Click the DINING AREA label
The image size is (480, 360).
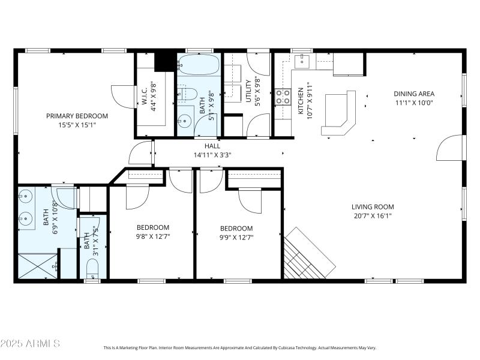pos(413,94)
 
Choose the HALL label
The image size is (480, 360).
pos(212,146)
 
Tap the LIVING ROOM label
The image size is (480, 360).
pos(373,207)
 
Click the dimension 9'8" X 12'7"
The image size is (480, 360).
pos(152,236)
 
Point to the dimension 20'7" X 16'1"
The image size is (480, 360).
pos(373,215)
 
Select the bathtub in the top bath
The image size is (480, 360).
pos(199,65)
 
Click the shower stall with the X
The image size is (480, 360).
pos(36,265)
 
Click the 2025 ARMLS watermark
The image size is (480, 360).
pos(30,344)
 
